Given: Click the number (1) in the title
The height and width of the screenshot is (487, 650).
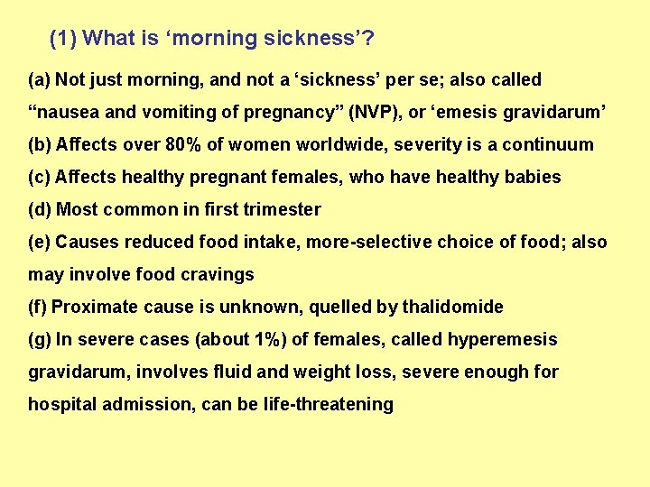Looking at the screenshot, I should [63, 38].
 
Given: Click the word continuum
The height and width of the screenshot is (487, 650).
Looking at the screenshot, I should [549, 144].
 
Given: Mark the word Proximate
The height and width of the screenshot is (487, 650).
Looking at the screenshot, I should [88, 307].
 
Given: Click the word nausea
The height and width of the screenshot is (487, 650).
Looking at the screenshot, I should [64, 112].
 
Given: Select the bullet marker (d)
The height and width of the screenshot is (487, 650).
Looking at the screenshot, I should [40, 209].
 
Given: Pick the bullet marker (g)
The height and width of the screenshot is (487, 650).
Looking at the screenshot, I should [40, 339].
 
